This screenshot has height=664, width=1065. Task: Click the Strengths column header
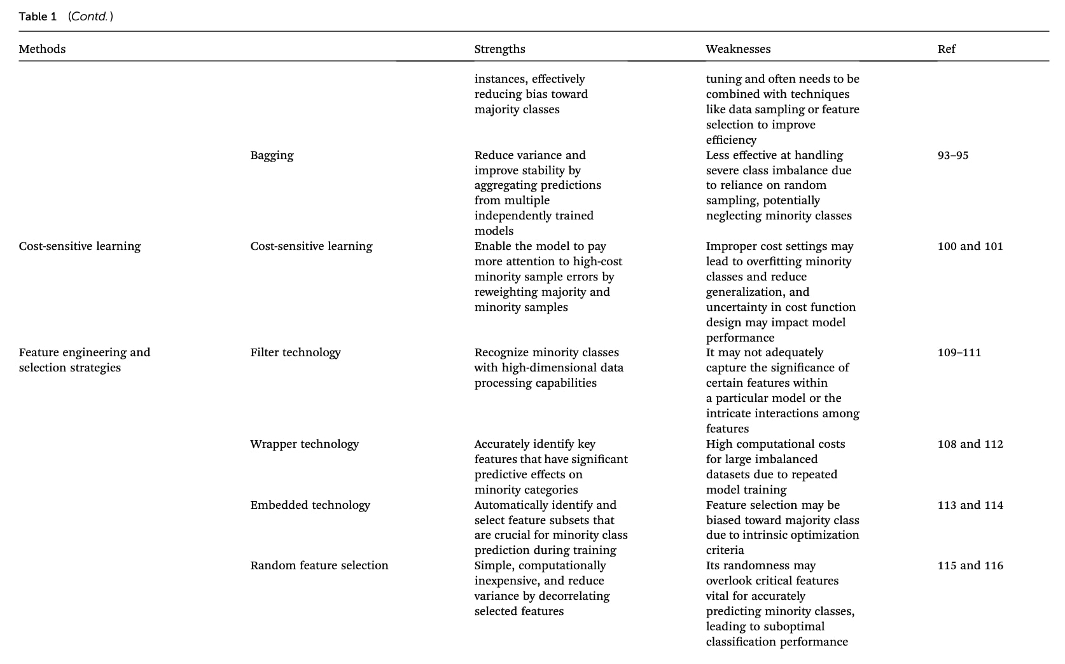coord(499,49)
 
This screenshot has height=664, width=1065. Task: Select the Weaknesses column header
coord(738,49)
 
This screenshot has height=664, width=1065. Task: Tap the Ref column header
coord(946,49)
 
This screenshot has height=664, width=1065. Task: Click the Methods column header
coord(42,49)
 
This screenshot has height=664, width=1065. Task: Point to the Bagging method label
coord(272,155)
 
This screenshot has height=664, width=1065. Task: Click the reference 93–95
coord(952,155)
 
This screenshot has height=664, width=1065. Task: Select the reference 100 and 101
coord(970,246)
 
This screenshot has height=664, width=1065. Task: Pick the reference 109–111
coord(959,352)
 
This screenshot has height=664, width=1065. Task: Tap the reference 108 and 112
coord(970,444)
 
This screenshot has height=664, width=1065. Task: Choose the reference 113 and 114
coord(970,505)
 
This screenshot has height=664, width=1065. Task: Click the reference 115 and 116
coord(970,565)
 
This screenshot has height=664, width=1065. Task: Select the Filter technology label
coord(295,352)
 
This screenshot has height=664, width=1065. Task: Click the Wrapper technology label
coord(304,444)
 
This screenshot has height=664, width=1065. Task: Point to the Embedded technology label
coord(310,505)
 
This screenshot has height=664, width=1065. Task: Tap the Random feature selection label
coord(319,565)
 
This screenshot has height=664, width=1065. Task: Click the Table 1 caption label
coord(38,17)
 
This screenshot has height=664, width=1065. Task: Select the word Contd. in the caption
coord(90,17)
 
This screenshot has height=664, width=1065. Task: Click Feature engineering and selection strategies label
coord(84,360)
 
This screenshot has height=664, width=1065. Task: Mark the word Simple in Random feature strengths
coord(493,565)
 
